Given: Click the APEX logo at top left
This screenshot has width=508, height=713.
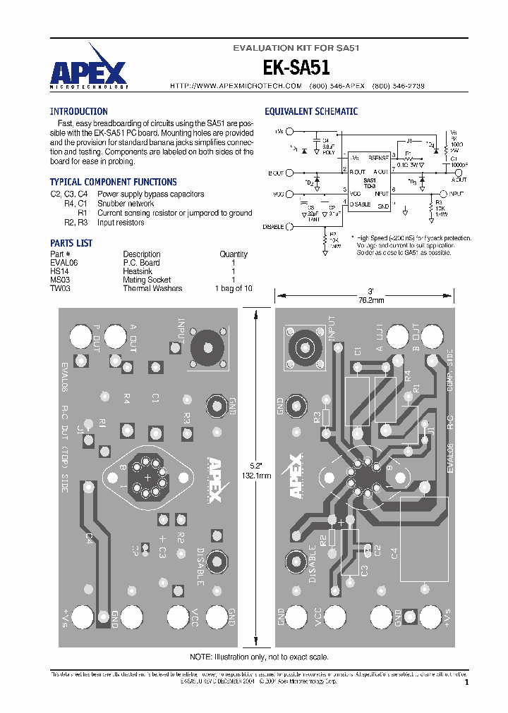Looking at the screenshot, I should coord(88,68).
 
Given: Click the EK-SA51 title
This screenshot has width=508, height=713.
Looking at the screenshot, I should coord(297,68).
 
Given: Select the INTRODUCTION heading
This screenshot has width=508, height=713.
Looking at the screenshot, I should coord(78,111).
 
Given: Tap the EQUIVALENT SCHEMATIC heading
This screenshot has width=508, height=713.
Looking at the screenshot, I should coord(310,111).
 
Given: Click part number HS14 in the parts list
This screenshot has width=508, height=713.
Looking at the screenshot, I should coord(59,271).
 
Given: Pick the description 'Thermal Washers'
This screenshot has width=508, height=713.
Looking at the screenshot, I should coord(152,288).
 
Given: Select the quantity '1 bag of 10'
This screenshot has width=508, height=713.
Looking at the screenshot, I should coord(234,288).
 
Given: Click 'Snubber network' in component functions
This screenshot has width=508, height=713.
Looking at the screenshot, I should coord(125,204).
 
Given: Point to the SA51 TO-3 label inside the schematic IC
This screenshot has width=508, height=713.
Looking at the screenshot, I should coord(369,182).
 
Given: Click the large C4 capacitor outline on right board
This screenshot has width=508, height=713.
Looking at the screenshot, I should coord(423,539).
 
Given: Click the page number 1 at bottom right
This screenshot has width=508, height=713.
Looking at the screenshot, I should coord(466,682).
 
